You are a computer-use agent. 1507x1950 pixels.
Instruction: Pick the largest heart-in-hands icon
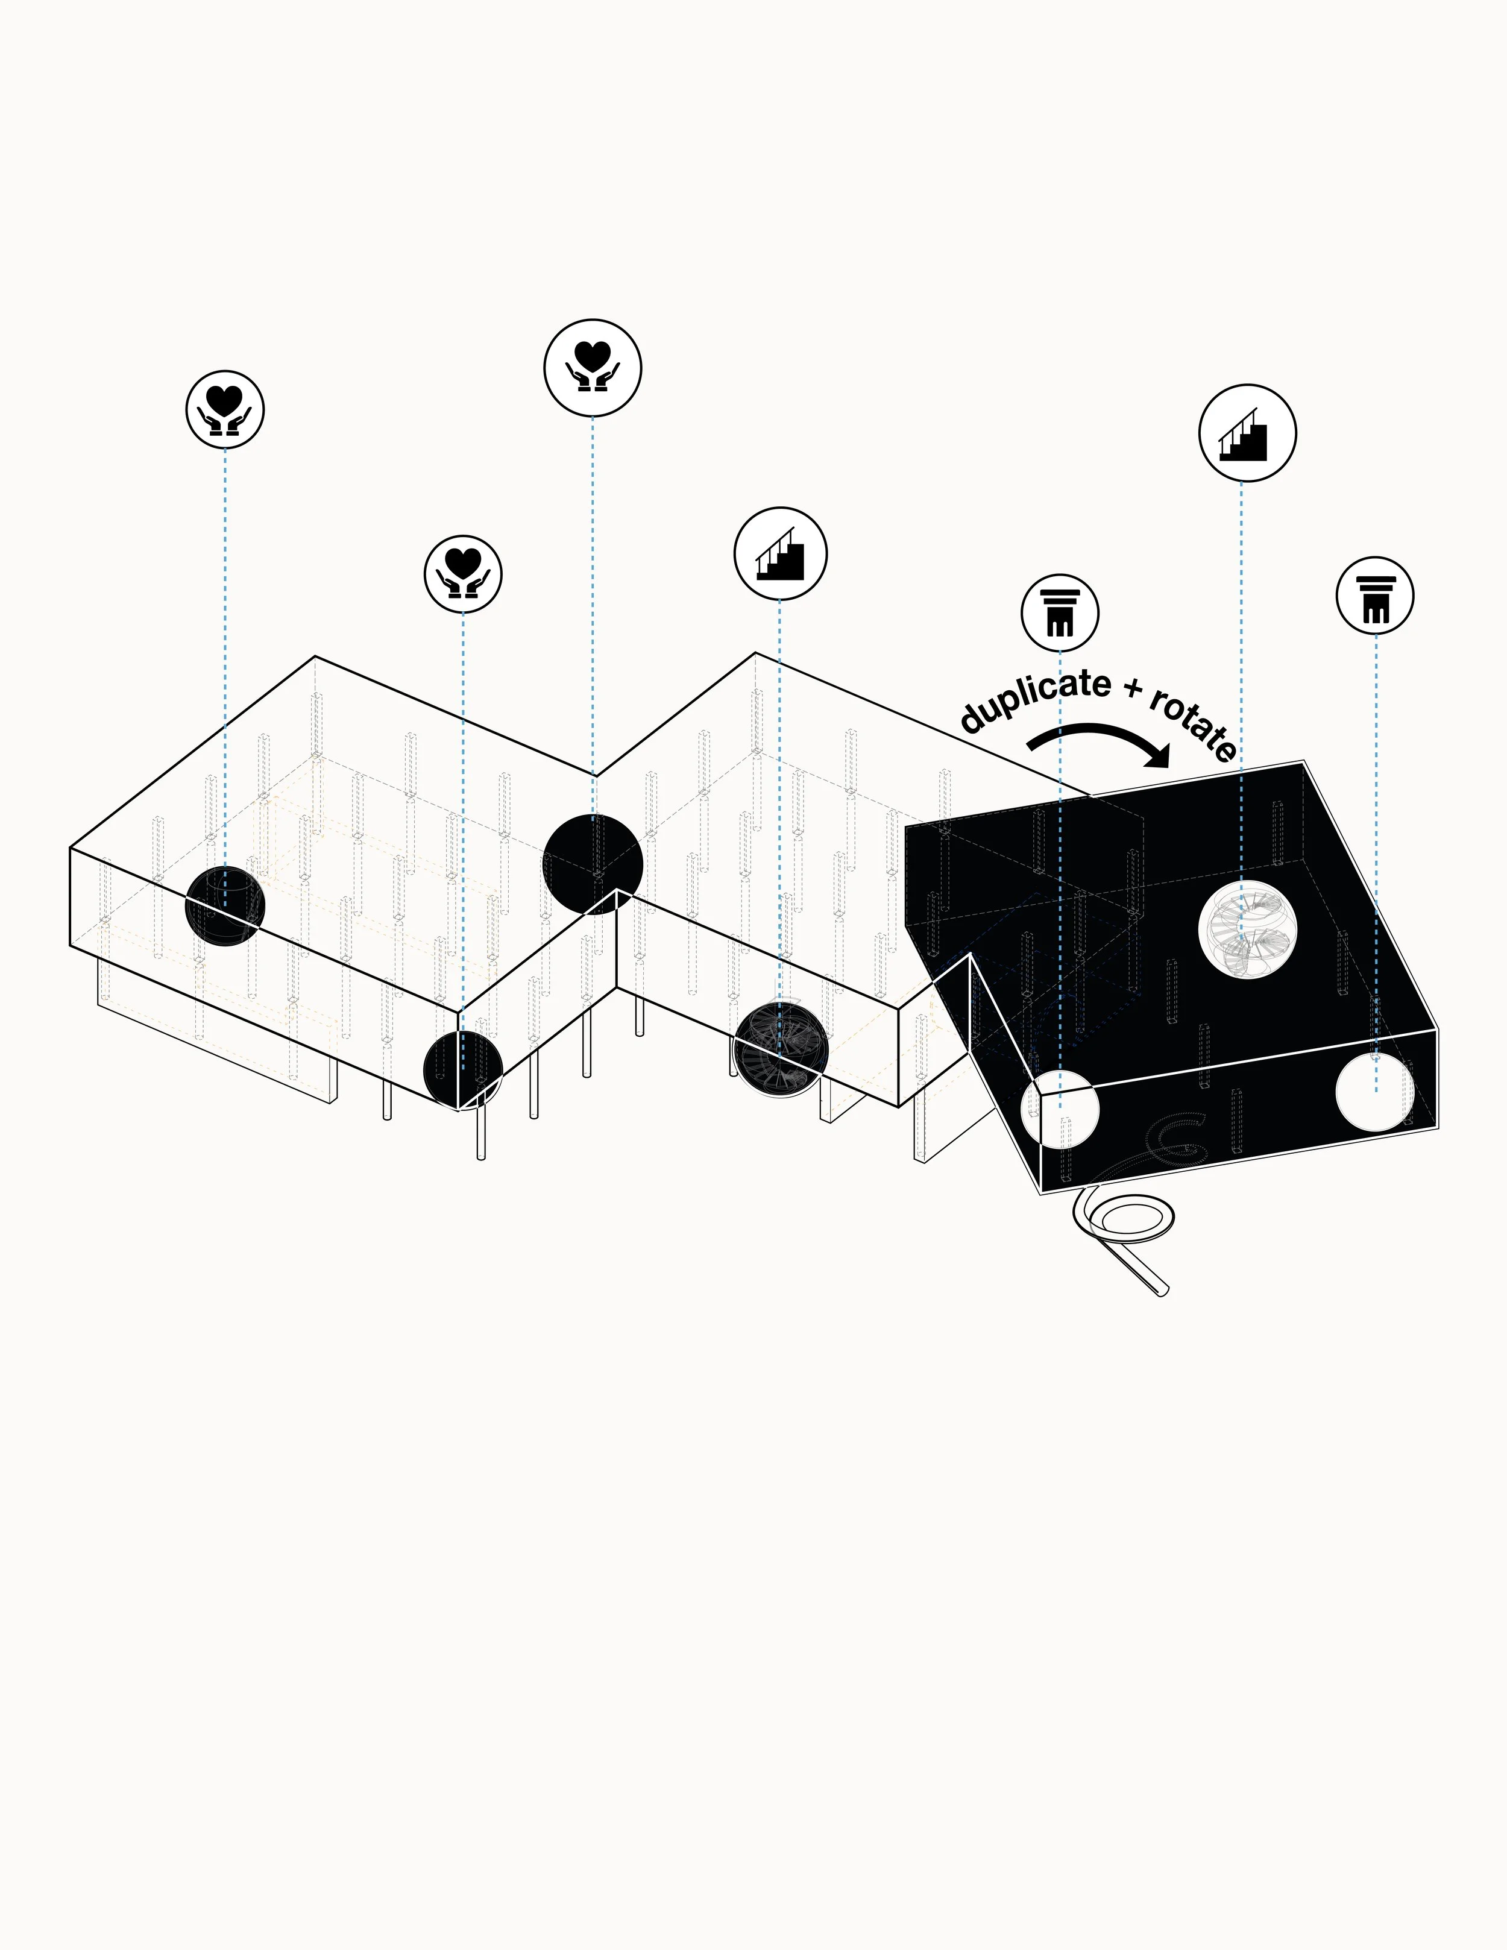pos(593,368)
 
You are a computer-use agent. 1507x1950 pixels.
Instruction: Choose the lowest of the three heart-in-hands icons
pos(462,574)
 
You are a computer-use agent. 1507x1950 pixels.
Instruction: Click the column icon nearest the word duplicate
pos(1060,612)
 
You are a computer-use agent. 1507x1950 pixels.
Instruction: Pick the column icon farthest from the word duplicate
pos(1375,596)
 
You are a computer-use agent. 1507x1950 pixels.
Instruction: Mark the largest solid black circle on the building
pos(593,864)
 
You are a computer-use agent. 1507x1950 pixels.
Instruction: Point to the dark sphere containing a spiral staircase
pos(780,1049)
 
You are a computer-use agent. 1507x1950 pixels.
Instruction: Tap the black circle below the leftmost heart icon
pos(225,906)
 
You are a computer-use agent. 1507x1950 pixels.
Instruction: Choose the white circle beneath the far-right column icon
pos(1375,1091)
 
